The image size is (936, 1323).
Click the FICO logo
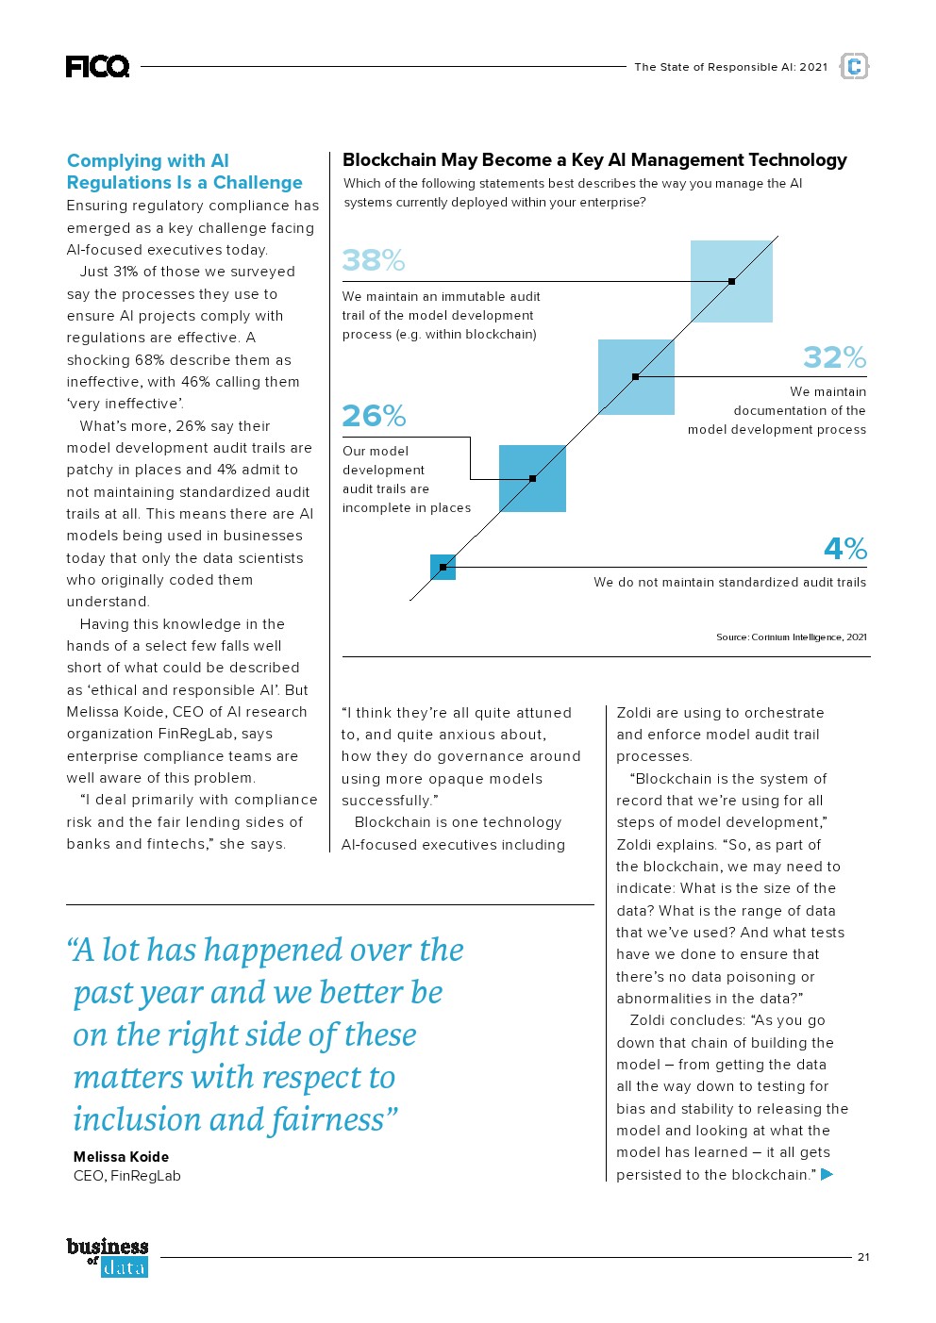97,66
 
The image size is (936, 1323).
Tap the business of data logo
108,1258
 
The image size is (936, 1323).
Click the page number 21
863,1257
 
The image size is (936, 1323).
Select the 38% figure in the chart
373,259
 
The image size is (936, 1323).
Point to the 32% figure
834,357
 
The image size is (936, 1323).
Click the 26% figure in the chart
374,416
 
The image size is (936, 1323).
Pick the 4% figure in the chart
844,549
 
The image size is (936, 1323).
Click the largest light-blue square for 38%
731,281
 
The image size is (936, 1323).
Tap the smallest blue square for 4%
443,567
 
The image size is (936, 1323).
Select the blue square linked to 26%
532,478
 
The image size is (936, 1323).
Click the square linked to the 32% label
636,376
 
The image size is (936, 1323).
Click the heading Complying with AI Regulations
185,172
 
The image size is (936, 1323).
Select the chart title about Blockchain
594,160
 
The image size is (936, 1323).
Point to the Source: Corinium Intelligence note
791,637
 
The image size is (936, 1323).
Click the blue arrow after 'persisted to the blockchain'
827,1174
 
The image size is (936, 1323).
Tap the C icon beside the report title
854,66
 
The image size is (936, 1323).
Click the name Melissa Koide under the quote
121,1157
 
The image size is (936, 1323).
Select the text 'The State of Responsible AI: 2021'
730,67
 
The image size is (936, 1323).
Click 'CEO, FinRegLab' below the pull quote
126,1176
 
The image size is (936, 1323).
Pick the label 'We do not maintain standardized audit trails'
729,583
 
